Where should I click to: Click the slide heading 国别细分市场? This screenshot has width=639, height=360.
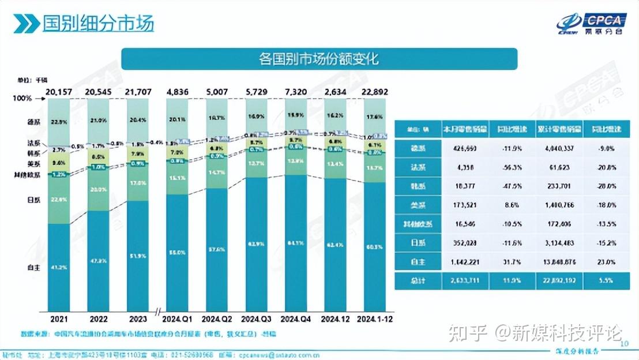(98, 24)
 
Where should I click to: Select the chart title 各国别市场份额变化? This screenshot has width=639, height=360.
(319, 59)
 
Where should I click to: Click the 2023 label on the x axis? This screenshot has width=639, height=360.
(141, 318)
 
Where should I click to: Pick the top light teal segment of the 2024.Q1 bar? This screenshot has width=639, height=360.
(181, 118)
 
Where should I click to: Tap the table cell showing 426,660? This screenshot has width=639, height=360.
(464, 148)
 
